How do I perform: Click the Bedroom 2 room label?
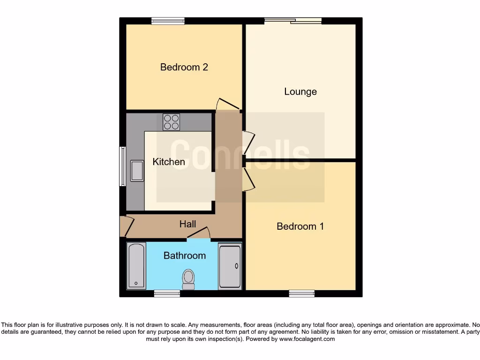184,67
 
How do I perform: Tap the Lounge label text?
300,91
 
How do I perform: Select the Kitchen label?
169,162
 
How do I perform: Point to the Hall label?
187,224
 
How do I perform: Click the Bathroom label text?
184,255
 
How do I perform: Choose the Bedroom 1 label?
300,226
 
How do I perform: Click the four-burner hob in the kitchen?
171,122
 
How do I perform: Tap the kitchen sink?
137,171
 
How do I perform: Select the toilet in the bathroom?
188,279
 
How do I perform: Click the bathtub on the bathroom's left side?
136,266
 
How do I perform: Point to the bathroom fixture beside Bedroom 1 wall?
230,266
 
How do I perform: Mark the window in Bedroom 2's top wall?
168,21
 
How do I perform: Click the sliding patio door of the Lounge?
293,20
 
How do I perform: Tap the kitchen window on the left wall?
122,166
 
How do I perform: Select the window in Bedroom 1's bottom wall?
301,293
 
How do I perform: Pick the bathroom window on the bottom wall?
167,293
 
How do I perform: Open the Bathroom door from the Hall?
199,234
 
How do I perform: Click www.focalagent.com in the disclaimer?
307,339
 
